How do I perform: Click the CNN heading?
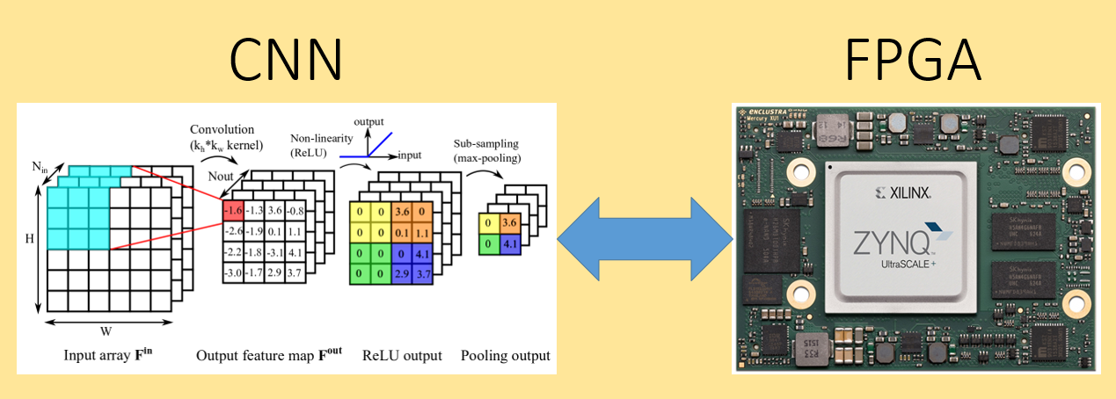[x=286, y=60]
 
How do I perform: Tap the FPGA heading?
[x=912, y=60]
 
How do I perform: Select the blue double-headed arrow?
[x=646, y=237]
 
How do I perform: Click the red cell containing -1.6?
[x=233, y=211]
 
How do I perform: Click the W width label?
[x=106, y=331]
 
